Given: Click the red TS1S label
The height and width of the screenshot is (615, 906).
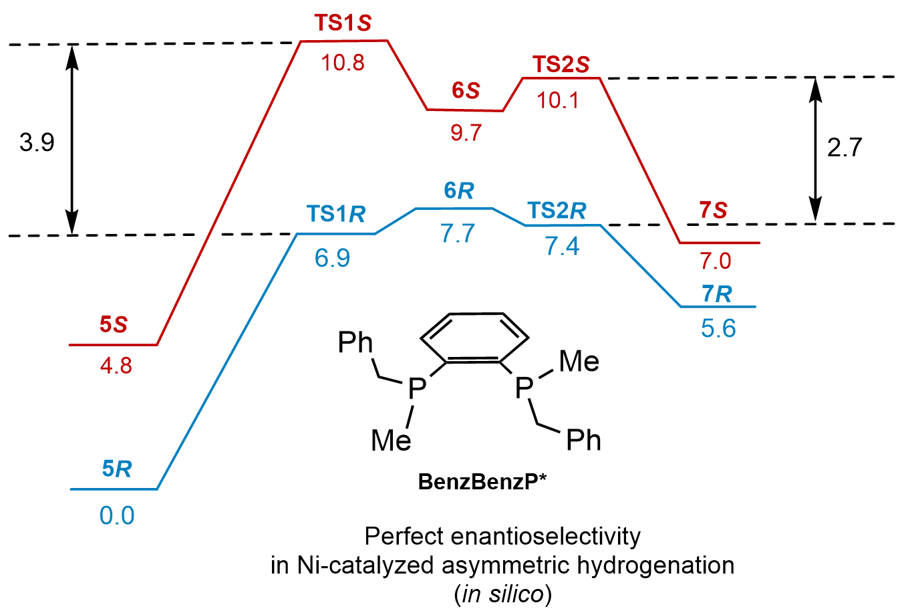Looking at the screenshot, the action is tap(343, 23).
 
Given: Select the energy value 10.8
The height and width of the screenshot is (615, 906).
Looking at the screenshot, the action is tap(343, 63).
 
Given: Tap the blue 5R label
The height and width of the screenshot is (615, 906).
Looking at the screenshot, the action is tap(117, 469).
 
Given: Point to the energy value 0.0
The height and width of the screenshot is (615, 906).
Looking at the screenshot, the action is tap(117, 516).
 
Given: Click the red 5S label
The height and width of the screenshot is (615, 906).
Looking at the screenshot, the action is tap(114, 325).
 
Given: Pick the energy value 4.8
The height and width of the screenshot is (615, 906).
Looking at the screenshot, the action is tap(116, 366).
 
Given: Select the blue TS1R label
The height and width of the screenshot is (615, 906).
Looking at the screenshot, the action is tap(336, 214).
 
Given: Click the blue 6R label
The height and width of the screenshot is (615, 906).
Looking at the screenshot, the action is tap(459, 191).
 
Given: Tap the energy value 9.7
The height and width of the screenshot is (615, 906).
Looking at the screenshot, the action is tap(466, 133).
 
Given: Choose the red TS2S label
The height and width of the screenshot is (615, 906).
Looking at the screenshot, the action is tap(561, 65).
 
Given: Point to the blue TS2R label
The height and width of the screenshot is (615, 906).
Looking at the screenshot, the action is tap(557, 211).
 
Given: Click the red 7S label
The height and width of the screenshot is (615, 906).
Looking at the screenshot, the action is tap(713, 211).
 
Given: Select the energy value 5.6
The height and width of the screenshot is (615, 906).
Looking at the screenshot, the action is tap(718, 329).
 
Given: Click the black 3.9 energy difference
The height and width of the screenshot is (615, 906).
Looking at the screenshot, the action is tap(37, 142).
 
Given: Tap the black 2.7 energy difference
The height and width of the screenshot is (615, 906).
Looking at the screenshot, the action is tap(845, 148).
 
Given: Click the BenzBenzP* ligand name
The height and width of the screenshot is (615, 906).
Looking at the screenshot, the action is tap(482, 481).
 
